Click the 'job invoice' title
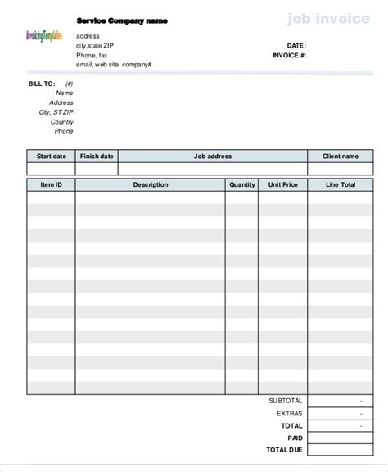pos(327,18)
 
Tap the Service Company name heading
pos(121,20)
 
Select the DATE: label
pos(296,45)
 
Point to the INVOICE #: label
pos(289,55)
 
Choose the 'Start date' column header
pos(51,156)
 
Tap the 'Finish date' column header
pos(97,156)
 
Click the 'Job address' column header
pos(213,156)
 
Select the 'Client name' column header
pos(340,156)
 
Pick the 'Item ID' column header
pos(51,185)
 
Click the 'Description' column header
pos(151,185)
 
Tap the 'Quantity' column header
pos(242,185)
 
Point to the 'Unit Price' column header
pos(283,185)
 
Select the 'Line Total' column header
pos(340,185)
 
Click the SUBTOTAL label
pos(285,401)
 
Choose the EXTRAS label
pos(289,414)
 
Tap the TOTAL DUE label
pos(284,450)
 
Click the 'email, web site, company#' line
pos(113,64)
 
